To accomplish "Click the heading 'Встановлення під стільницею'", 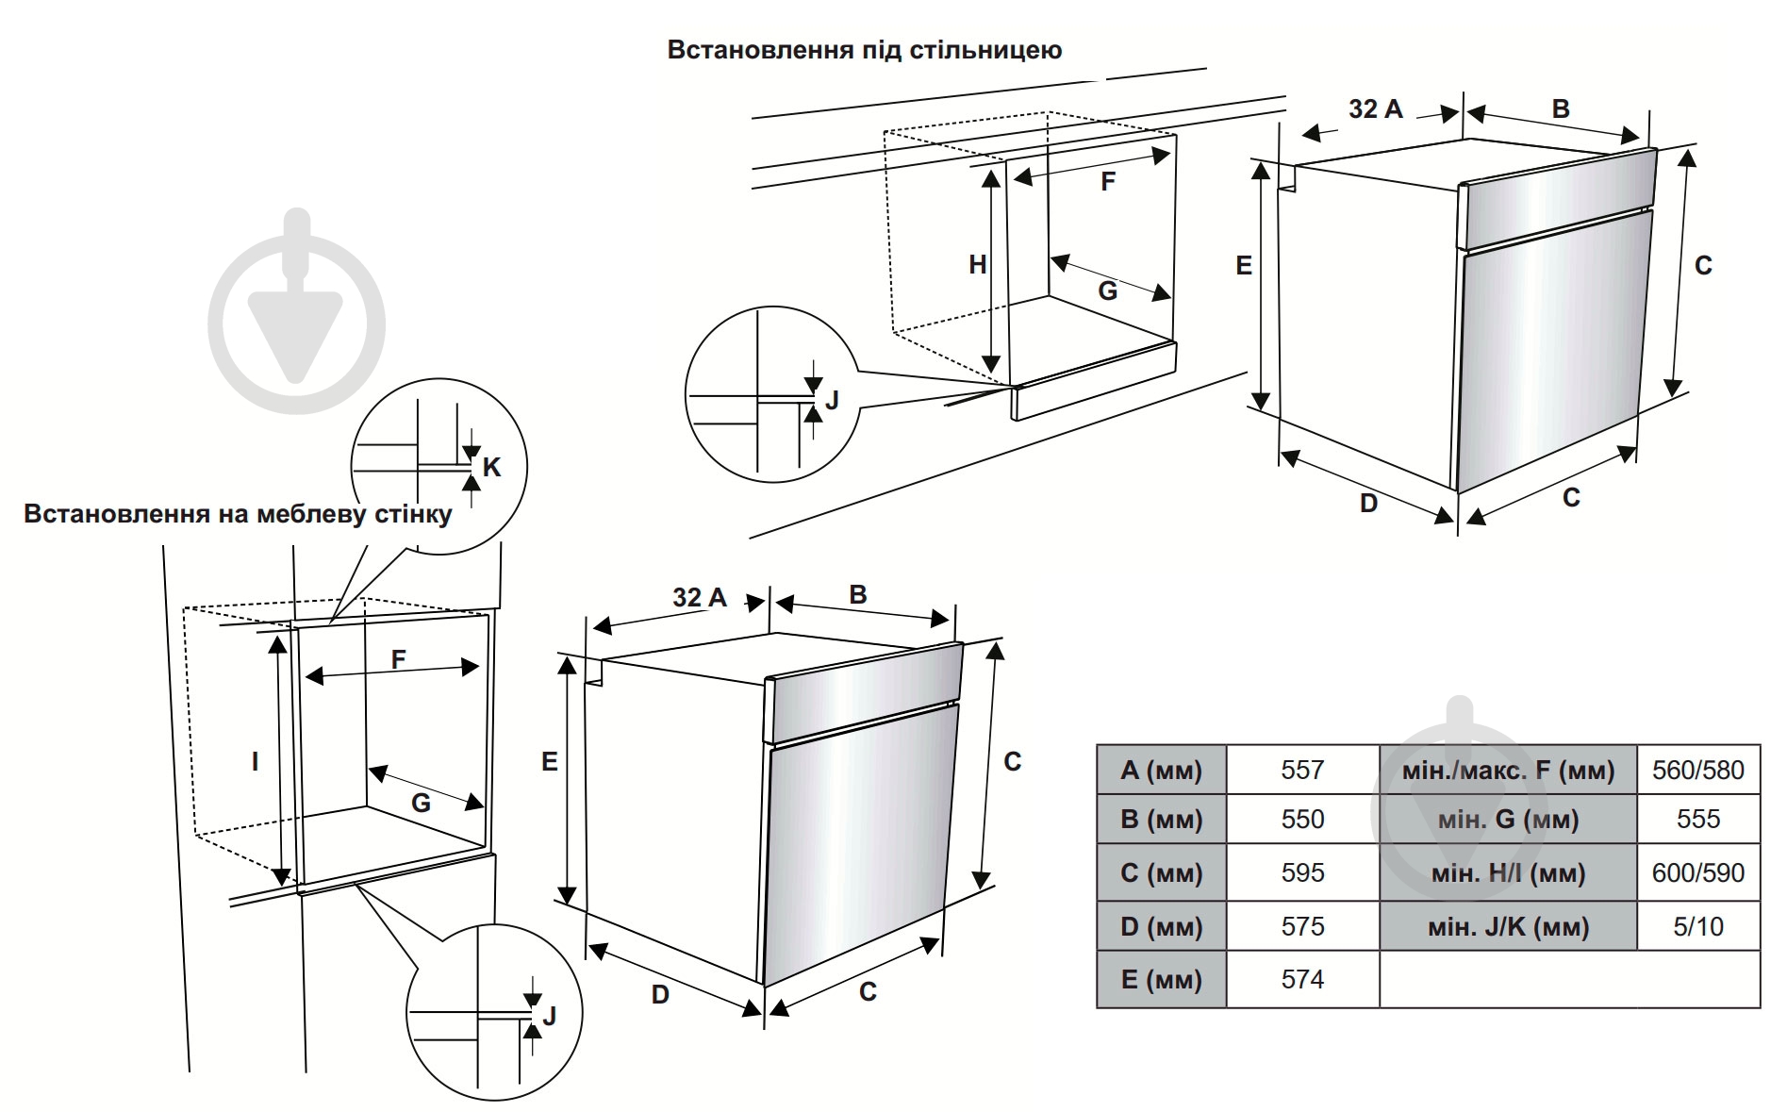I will [864, 50].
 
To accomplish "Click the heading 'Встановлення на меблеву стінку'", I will [238, 514].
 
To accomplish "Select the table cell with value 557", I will [1301, 770].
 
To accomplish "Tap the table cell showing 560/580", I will [1697, 770].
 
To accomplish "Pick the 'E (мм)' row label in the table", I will [1161, 979].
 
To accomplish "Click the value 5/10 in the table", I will [1697, 926].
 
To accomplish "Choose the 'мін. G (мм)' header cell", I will [1507, 819].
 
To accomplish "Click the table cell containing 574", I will [1301, 979].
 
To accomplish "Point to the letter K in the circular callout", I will [491, 467].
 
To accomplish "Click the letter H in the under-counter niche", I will [978, 265].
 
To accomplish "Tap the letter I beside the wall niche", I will [255, 761].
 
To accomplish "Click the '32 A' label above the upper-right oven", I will [1375, 109].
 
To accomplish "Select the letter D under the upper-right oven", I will [1368, 503].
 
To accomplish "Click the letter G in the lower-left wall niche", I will [421, 803].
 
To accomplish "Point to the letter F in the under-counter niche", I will [1108, 181].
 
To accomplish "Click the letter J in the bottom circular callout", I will [549, 1016].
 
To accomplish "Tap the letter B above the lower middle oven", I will [857, 595].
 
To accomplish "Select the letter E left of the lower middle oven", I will [550, 761].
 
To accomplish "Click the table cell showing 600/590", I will [1697, 872].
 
